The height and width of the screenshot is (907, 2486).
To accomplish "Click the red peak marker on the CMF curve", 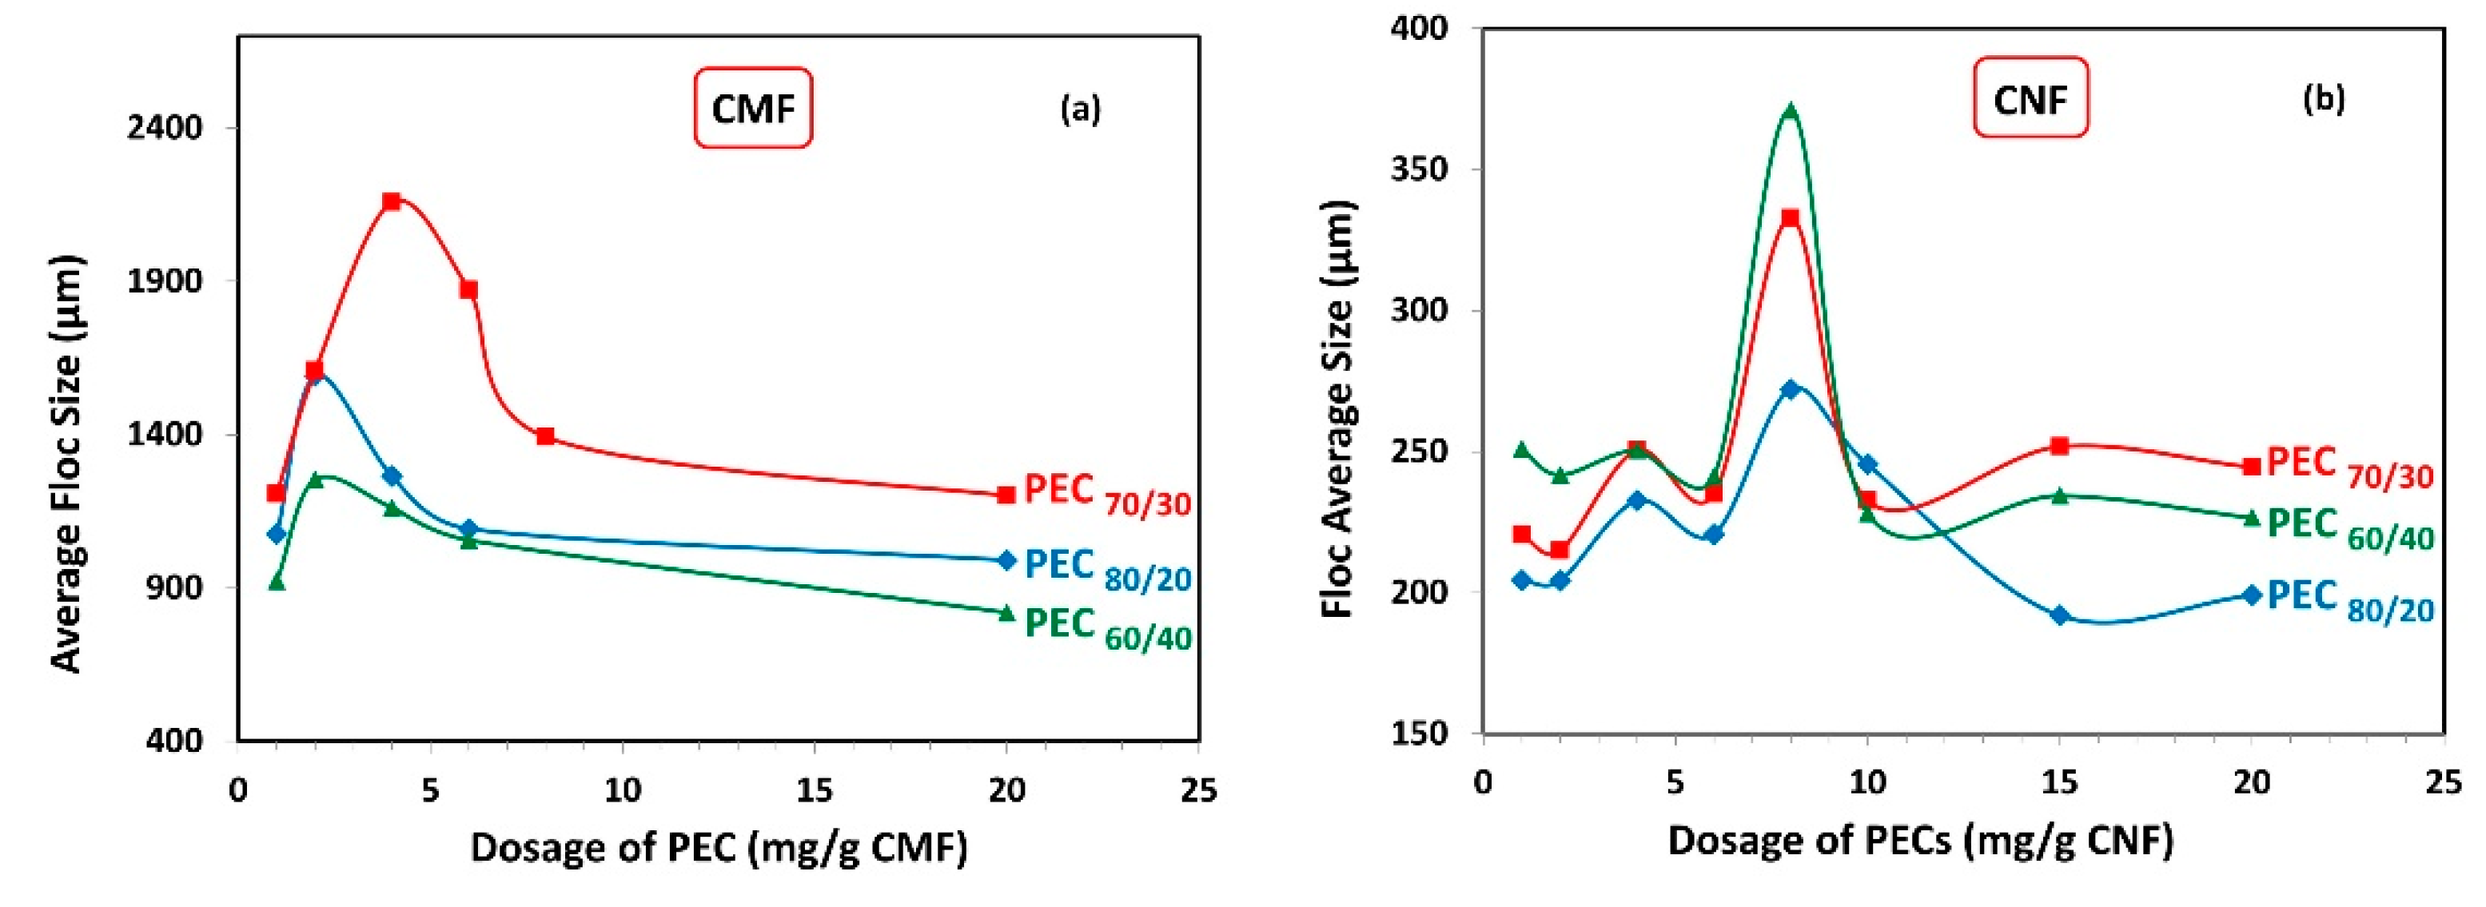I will (391, 201).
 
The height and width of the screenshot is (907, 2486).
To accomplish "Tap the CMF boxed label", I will (753, 108).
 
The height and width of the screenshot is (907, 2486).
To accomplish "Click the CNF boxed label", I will (2030, 98).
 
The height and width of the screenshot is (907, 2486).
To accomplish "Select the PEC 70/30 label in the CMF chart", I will (1107, 494).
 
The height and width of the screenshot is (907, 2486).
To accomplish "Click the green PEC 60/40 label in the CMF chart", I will (1107, 628).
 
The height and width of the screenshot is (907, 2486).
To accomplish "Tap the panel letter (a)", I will (1080, 109).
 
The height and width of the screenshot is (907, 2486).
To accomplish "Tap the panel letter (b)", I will (2324, 99).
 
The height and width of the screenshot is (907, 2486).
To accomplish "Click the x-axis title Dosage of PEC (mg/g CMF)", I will (719, 848).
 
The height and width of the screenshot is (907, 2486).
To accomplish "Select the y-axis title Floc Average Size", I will (1339, 409).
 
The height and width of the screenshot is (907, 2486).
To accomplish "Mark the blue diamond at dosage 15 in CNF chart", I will (2059, 615).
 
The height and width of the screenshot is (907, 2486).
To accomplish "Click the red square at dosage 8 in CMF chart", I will (545, 437).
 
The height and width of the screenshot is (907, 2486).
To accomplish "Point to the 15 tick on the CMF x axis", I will (815, 790).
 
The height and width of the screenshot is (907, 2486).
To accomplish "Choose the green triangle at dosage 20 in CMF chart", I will (1006, 613).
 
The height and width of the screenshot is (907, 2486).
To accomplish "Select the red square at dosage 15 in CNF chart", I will (2059, 446).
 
